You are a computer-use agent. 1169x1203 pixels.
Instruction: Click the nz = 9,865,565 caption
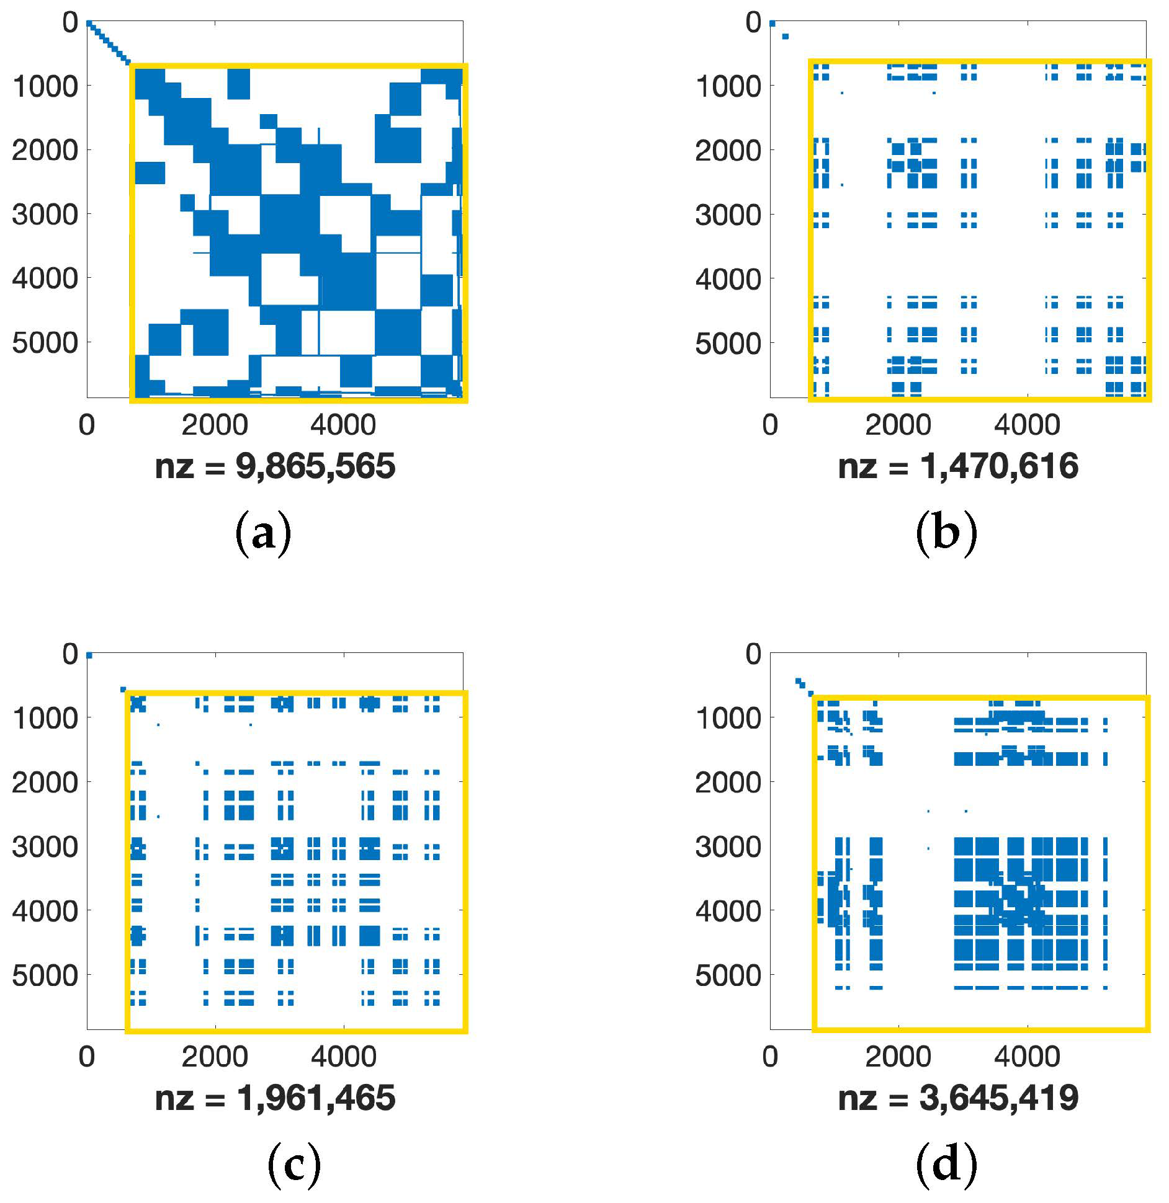(x=274, y=467)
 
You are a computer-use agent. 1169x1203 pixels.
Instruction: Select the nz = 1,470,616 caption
(x=958, y=467)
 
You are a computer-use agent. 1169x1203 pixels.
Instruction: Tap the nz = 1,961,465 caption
(x=274, y=1098)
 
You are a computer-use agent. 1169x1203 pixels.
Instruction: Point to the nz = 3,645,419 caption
(x=958, y=1098)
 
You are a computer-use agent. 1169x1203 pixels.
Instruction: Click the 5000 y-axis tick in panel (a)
(x=45, y=343)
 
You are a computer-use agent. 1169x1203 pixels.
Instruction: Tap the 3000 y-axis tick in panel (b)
(x=728, y=215)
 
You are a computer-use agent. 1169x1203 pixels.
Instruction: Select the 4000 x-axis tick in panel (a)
(x=343, y=426)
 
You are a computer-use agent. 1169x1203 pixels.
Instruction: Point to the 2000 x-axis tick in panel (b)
(x=898, y=426)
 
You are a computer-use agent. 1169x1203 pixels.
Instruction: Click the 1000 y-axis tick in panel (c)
(x=45, y=718)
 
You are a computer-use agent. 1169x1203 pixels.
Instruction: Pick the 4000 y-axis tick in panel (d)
(x=728, y=911)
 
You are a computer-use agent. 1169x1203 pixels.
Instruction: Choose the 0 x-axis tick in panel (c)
(x=87, y=1057)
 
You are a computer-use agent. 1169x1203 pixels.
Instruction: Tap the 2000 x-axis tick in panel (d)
(x=898, y=1057)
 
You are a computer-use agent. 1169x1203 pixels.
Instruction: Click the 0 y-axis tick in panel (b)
(x=753, y=23)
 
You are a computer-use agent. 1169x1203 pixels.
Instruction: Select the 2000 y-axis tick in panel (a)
(x=45, y=150)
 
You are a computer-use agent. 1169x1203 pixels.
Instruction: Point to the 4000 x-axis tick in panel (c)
(x=343, y=1057)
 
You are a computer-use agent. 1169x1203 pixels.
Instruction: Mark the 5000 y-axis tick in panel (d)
(x=728, y=975)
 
